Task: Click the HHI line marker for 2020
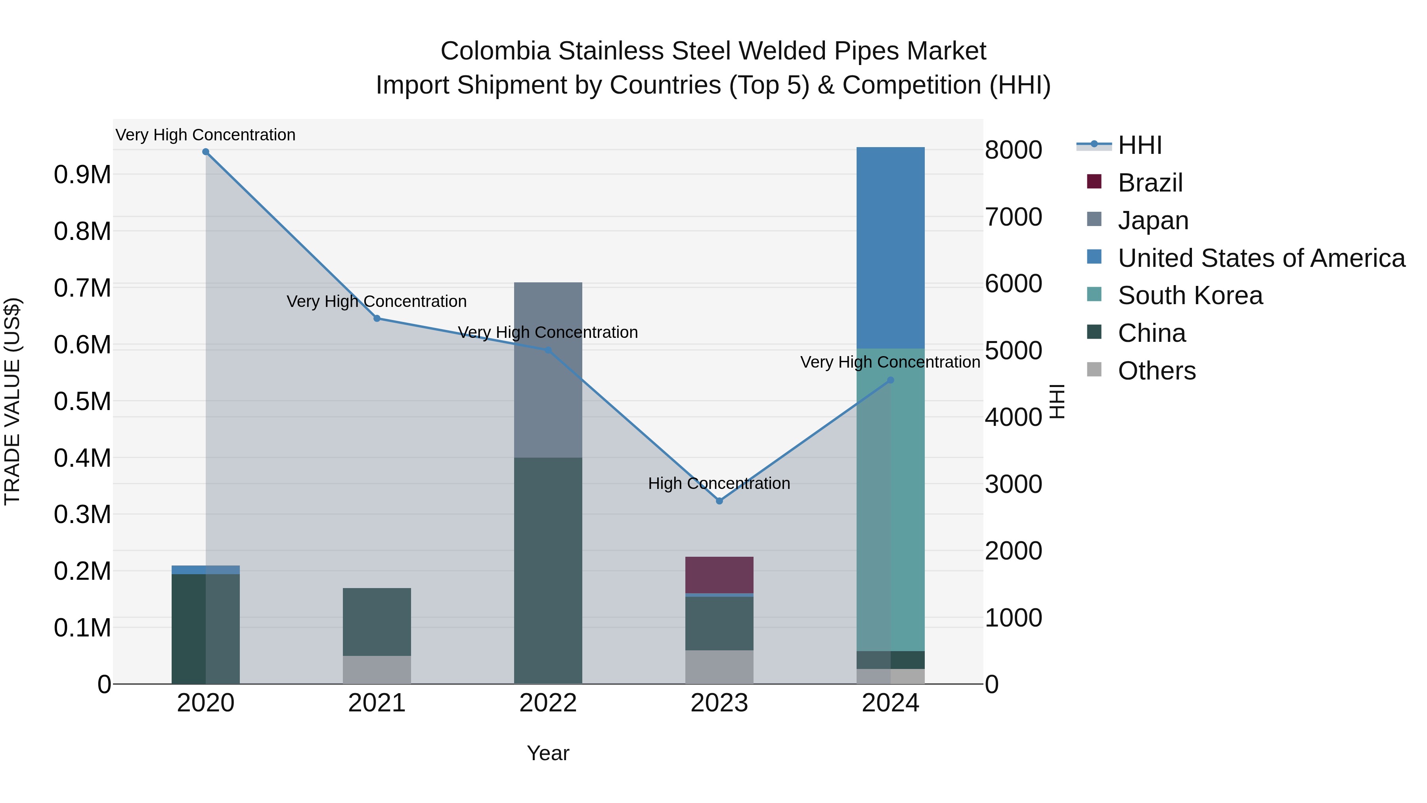205,152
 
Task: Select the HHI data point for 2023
719,501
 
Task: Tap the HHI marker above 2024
890,380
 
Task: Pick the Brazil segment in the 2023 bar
719,575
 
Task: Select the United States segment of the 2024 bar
890,248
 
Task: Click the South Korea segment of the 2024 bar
890,499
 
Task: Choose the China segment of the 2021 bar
377,622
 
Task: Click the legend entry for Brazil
1150,183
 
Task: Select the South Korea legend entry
1190,295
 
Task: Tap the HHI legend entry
1139,145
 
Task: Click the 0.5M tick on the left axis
82,402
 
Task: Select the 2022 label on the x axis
548,703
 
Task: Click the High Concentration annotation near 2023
719,483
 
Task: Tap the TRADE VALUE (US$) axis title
12,401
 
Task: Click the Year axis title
548,753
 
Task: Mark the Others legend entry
1156,371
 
